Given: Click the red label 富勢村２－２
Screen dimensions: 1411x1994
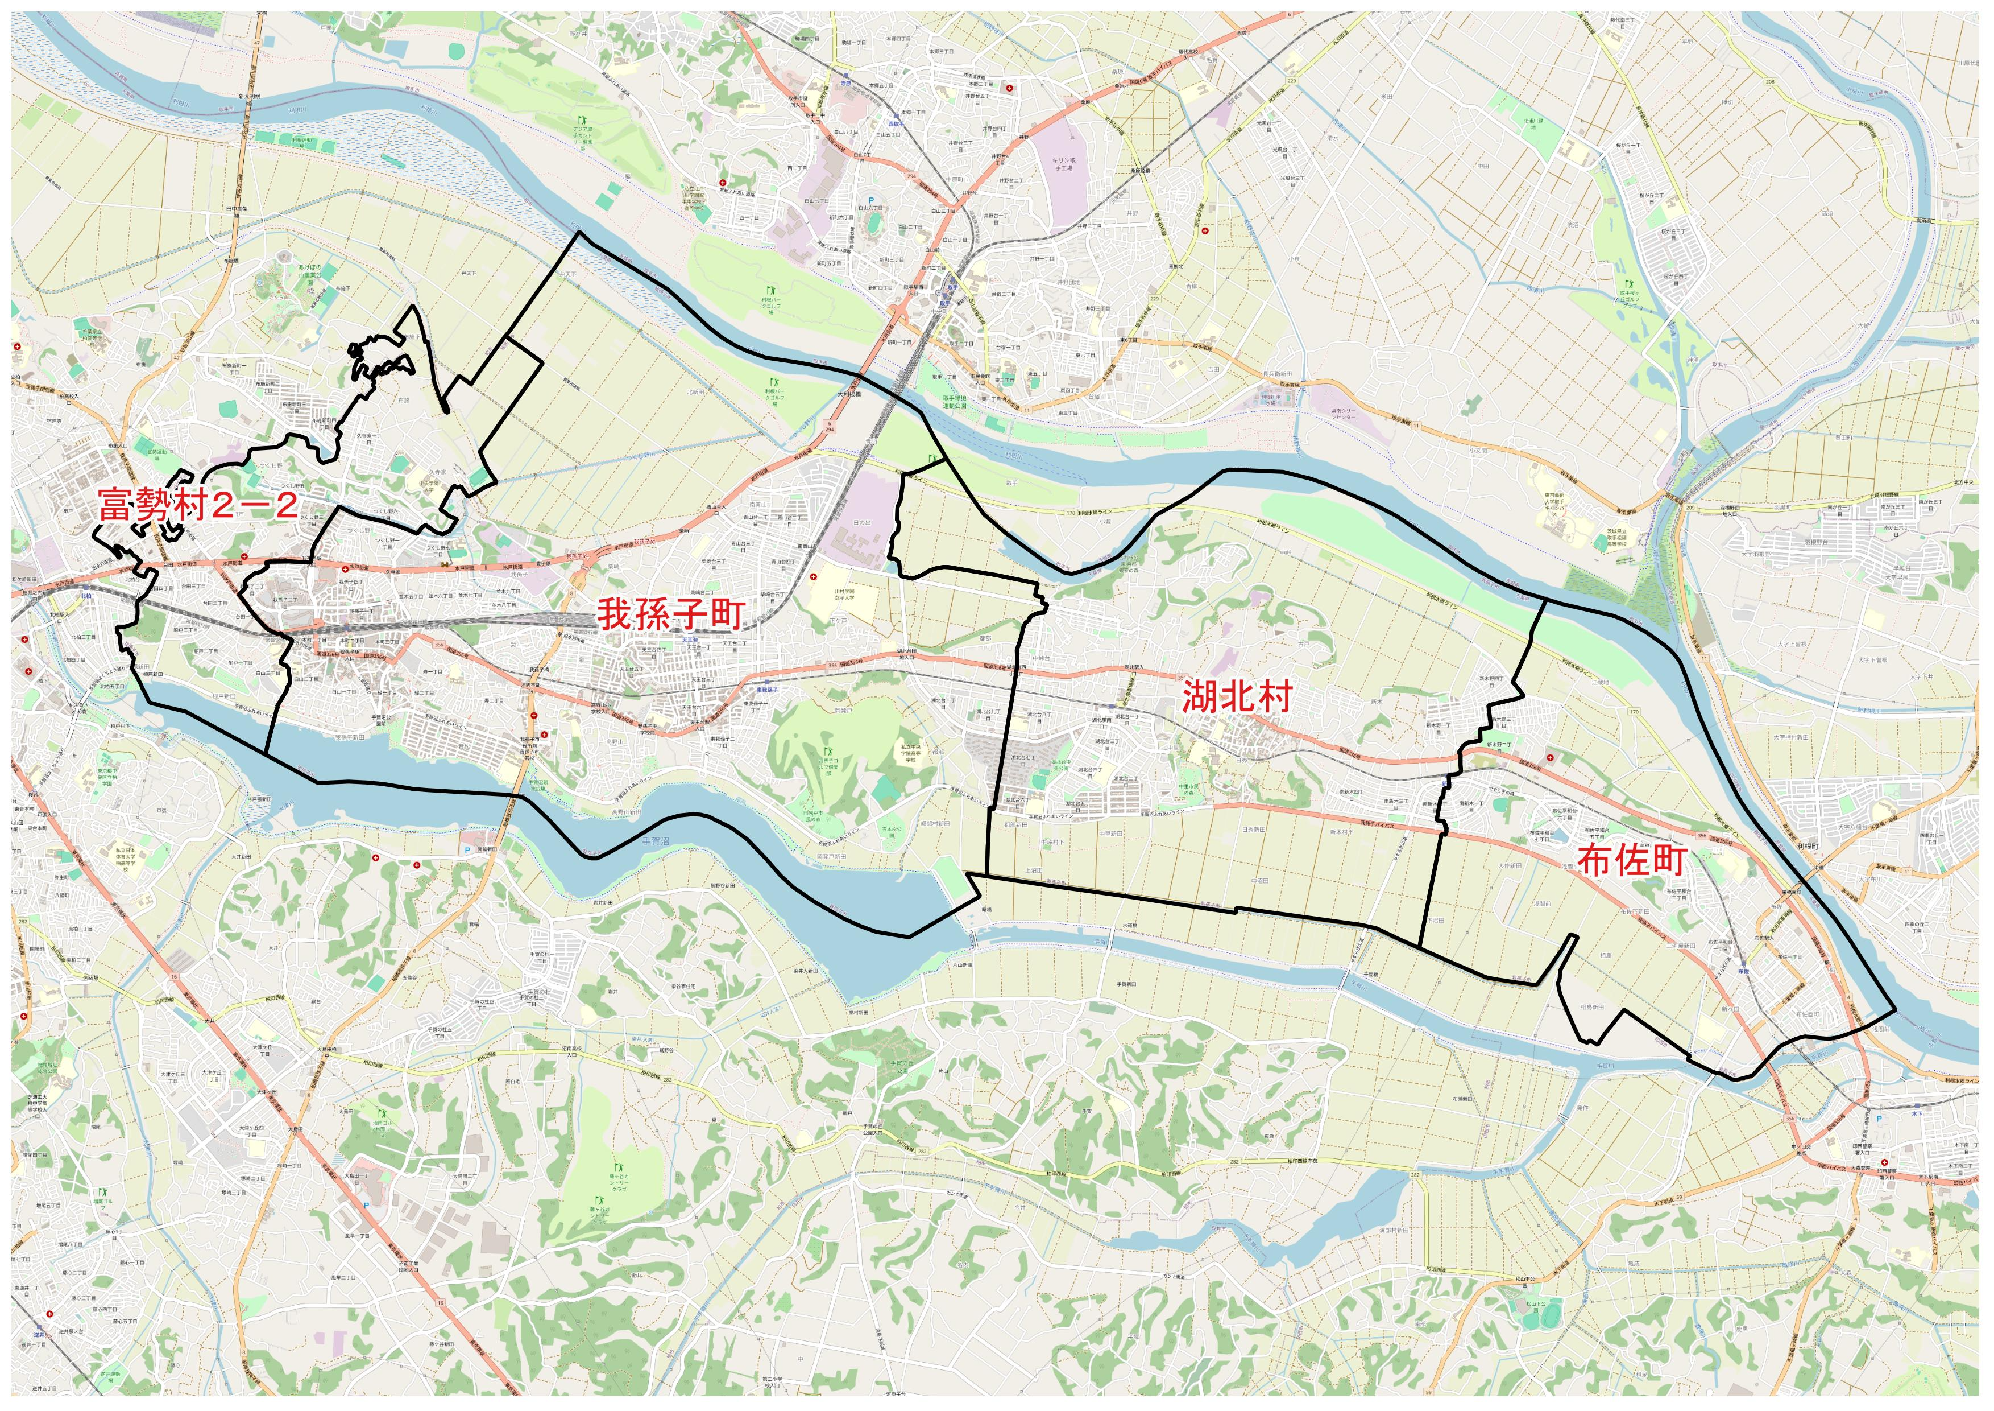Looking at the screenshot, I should click(x=198, y=505).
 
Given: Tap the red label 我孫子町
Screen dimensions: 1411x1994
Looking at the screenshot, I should click(x=670, y=614).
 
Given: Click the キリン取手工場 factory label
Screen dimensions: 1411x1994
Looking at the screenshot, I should click(x=1064, y=163).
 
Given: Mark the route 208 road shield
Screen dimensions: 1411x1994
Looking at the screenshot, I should click(x=1769, y=82).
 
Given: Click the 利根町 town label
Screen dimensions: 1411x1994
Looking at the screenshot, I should click(x=1808, y=845).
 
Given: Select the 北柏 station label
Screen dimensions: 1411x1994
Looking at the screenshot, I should click(x=85, y=597).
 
